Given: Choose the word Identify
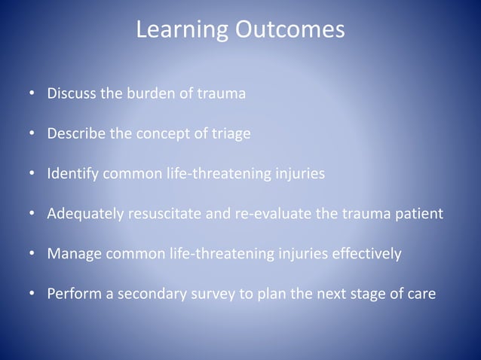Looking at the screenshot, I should pos(73,174).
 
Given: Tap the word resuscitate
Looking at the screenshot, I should pos(164,213).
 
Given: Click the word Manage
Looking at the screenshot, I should pos(74,253).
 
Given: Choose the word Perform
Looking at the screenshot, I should pos(74,293).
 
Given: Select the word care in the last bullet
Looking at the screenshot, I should pos(421,293).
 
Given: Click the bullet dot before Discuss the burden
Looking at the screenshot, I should pos(32,96).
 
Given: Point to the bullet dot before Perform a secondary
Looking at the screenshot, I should pos(32,293).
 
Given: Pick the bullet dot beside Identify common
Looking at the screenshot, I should pos(32,174).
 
